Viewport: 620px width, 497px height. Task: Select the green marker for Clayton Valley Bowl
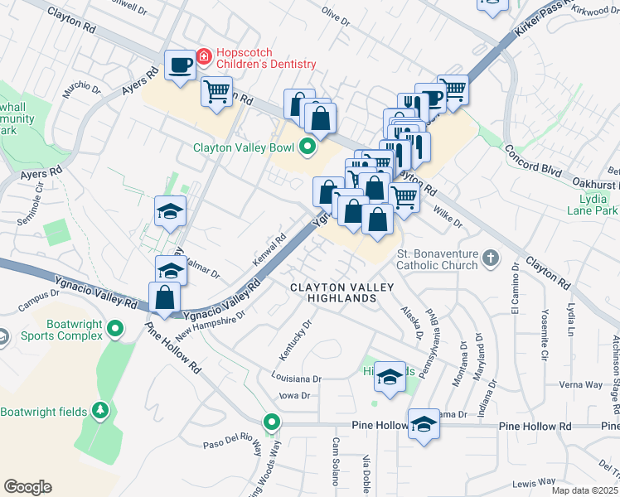(308, 149)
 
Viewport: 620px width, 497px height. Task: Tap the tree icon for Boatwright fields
(99, 411)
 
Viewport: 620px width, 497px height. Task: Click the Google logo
(27, 487)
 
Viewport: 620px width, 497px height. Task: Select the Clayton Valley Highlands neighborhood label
(338, 292)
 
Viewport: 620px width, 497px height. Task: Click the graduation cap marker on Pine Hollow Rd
(424, 423)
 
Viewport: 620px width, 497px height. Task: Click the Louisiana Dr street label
(296, 378)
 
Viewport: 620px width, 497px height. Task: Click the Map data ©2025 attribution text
(584, 490)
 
